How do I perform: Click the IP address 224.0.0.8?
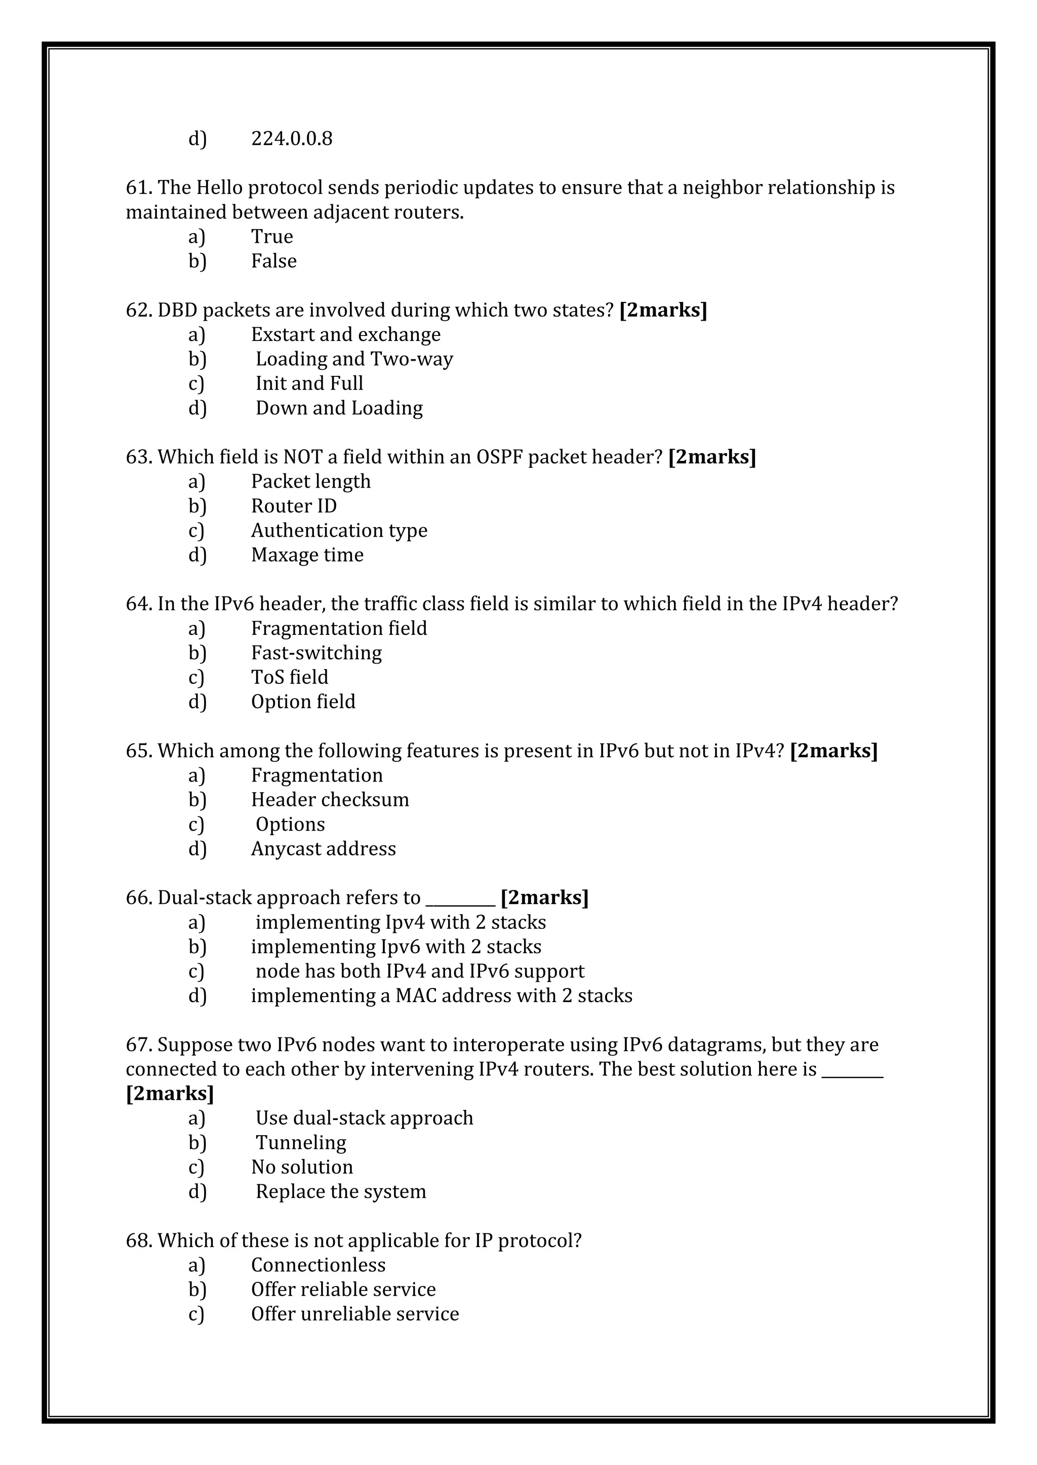pyautogui.click(x=291, y=139)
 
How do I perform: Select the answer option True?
pyautogui.click(x=271, y=237)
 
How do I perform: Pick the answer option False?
pyautogui.click(x=273, y=261)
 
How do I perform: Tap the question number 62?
pyautogui.click(x=137, y=310)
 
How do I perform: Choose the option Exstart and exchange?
pyautogui.click(x=345, y=334)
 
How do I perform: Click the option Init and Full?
pyautogui.click(x=309, y=383)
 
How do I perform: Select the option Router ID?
pyautogui.click(x=294, y=506)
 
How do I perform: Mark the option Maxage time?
pyautogui.click(x=307, y=555)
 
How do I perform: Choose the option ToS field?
pyautogui.click(x=289, y=677)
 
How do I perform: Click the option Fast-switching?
pyautogui.click(x=316, y=653)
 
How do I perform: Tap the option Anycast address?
pyautogui.click(x=323, y=849)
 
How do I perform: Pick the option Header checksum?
pyautogui.click(x=330, y=799)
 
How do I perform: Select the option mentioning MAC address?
pyautogui.click(x=441, y=996)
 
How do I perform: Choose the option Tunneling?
pyautogui.click(x=301, y=1142)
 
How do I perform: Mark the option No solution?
pyautogui.click(x=301, y=1167)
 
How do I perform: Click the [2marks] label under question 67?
pyautogui.click(x=170, y=1094)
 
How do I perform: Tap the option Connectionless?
pyautogui.click(x=318, y=1265)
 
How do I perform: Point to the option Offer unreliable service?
pyautogui.click(x=354, y=1314)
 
